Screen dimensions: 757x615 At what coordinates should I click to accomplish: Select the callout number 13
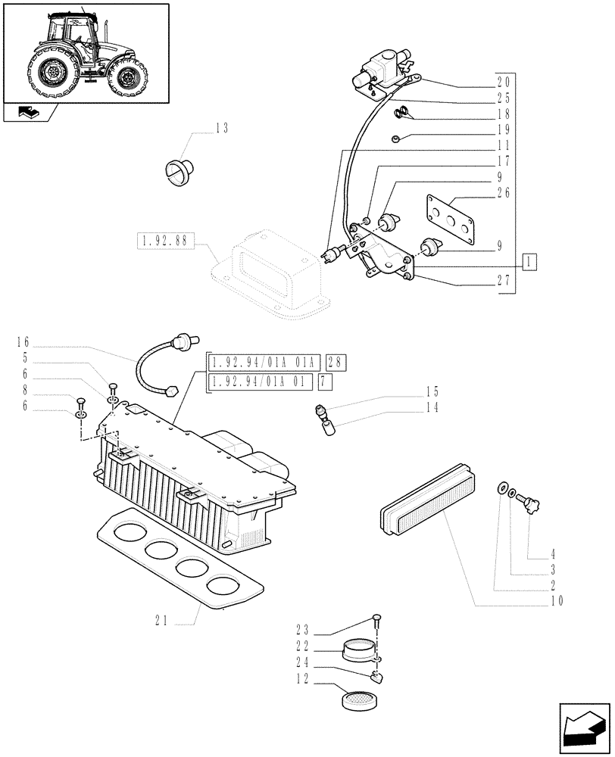(221, 128)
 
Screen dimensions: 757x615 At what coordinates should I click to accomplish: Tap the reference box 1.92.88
(165, 242)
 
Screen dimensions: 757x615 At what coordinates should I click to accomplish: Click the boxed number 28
(337, 363)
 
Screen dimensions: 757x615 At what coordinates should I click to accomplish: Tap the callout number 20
(504, 82)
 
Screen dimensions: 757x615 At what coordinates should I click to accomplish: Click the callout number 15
(431, 393)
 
